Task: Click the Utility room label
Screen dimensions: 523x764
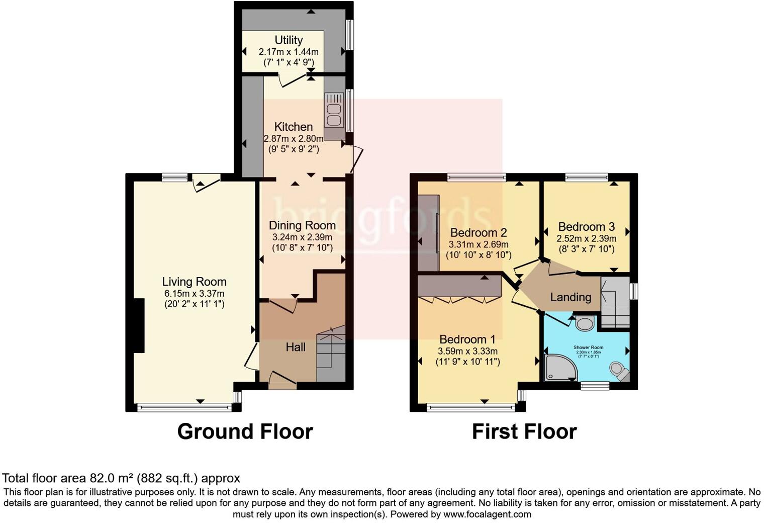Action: click(x=289, y=40)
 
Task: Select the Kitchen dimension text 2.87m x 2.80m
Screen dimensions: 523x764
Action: click(x=294, y=138)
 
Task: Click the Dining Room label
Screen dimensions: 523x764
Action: click(x=302, y=225)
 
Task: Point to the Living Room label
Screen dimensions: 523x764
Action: click(x=194, y=282)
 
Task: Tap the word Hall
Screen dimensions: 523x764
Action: click(x=296, y=347)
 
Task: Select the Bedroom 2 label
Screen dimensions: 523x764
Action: click(x=479, y=233)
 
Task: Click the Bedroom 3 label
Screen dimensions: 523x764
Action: click(x=586, y=227)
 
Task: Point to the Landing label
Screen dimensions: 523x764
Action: click(x=570, y=297)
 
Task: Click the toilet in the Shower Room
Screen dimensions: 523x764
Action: click(x=620, y=371)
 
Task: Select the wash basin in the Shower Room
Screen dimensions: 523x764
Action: click(x=585, y=323)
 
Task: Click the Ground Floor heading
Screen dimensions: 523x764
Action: click(x=245, y=431)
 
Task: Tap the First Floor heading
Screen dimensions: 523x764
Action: click(x=524, y=431)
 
